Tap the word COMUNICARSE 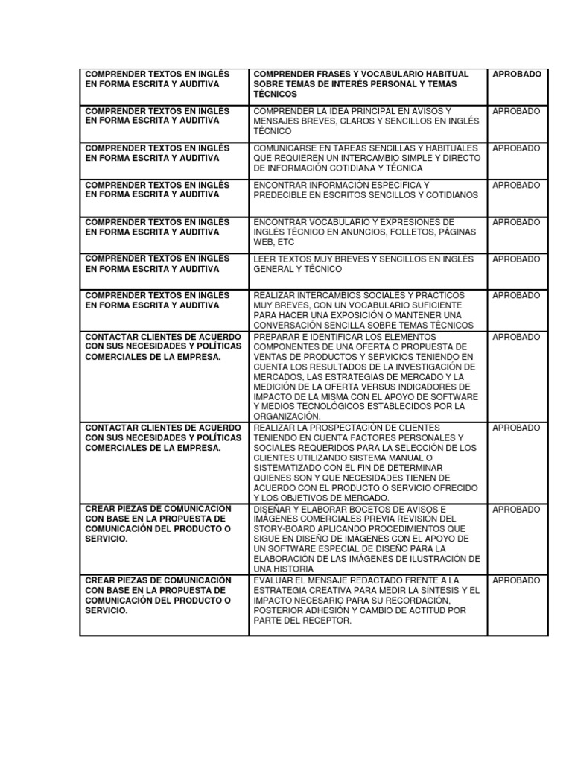click(x=285, y=148)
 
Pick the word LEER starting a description click(x=265, y=259)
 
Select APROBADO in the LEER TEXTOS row click(x=516, y=259)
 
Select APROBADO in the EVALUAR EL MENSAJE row click(x=516, y=580)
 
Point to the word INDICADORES click(x=440, y=387)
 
